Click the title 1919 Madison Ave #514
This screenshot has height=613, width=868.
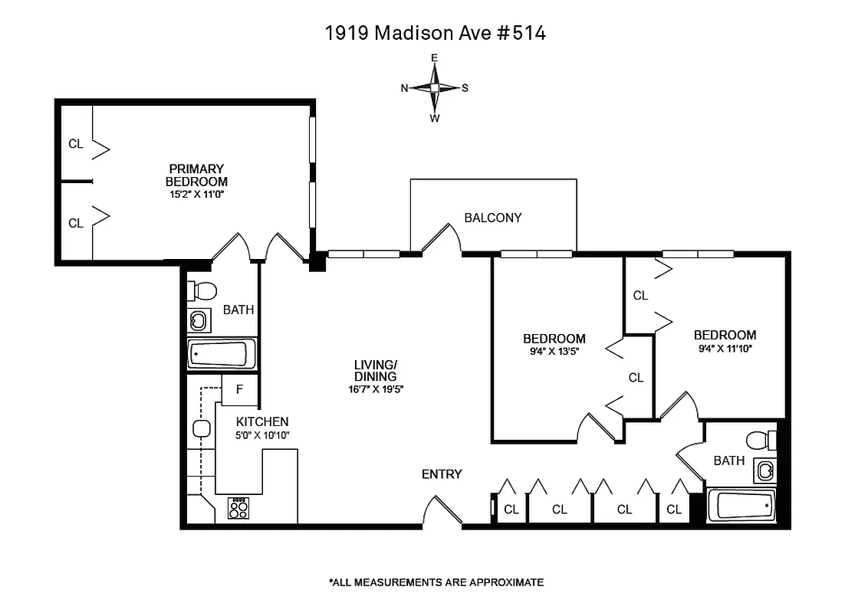click(435, 33)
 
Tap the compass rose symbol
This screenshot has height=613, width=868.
click(435, 88)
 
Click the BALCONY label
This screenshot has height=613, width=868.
click(492, 218)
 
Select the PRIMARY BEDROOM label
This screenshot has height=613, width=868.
click(196, 175)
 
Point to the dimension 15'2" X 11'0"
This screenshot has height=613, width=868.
click(196, 195)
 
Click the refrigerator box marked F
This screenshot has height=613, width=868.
click(239, 389)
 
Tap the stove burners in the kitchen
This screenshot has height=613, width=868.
click(239, 508)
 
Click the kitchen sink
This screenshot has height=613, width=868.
click(202, 429)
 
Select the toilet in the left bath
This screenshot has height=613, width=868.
click(204, 291)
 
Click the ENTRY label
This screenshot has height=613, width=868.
click(442, 474)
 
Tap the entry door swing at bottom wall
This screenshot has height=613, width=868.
click(441, 511)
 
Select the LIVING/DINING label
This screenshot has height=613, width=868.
click(375, 370)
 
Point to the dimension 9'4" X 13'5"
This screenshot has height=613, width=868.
click(554, 352)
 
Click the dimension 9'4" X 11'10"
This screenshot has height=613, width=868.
click(725, 349)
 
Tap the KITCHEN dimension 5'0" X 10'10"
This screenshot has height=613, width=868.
click(261, 435)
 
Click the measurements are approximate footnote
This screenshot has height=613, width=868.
click(436, 582)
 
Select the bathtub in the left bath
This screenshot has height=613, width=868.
click(219, 355)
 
